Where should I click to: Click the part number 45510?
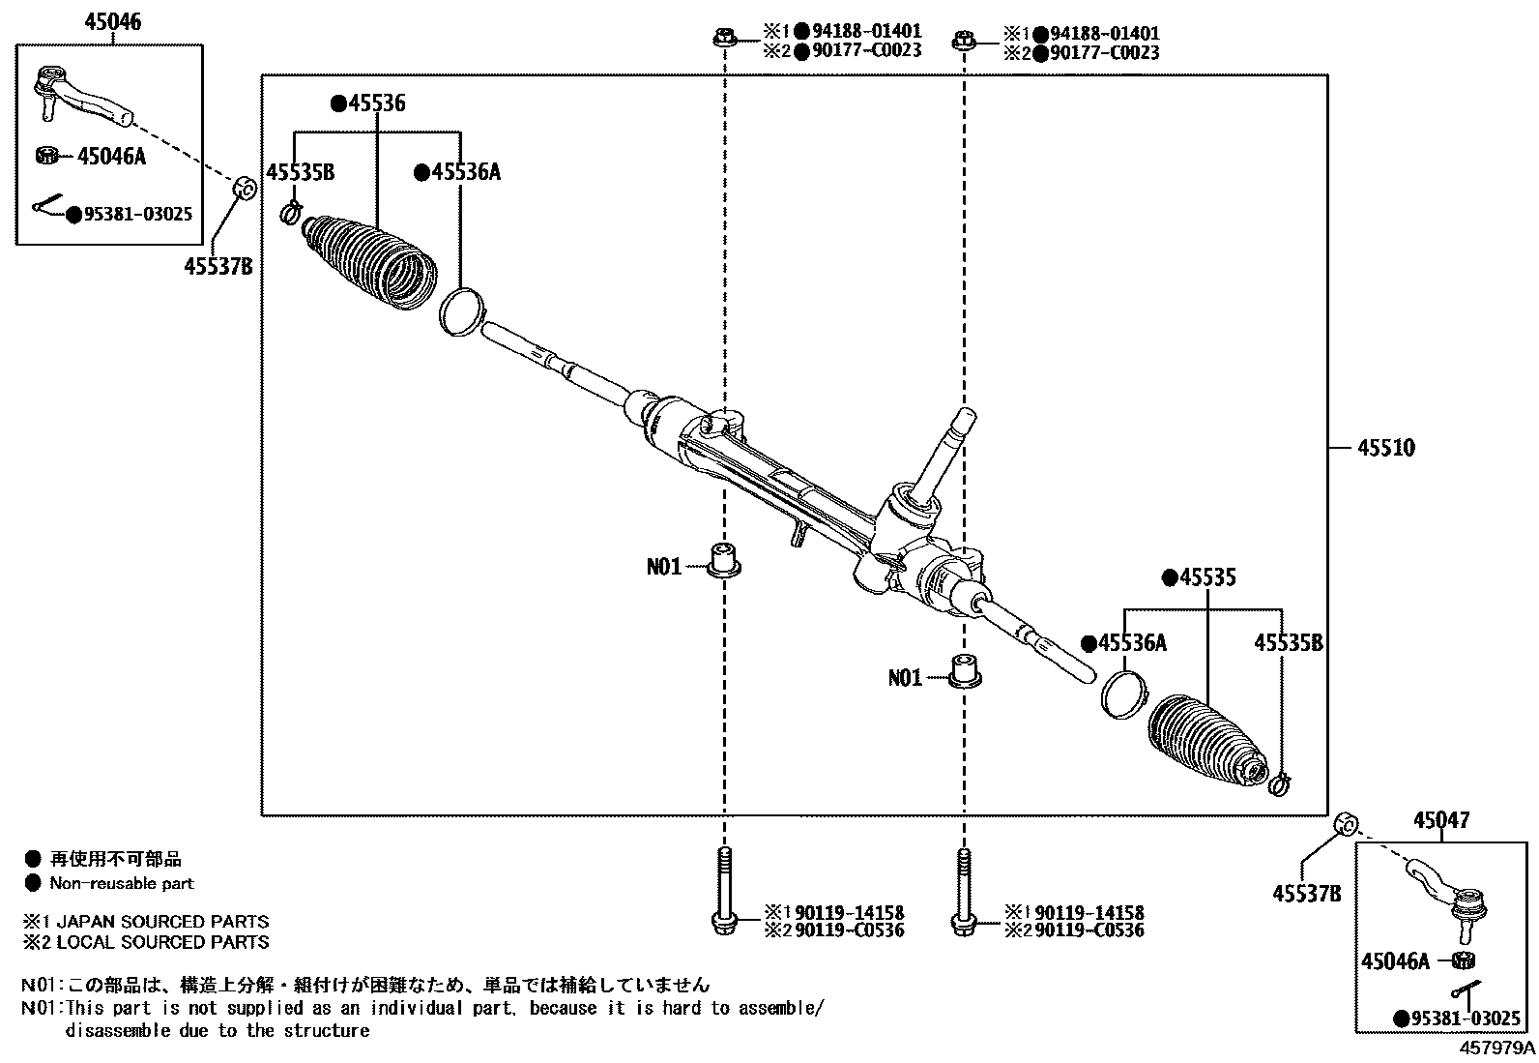1385,448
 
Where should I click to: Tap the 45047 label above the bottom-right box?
1440,820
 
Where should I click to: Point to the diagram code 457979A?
1496,1048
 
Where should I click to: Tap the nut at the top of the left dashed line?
724,40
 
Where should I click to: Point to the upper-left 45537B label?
218,266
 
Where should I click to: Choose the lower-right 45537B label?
1307,893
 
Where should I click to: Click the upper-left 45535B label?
301,173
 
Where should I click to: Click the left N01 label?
664,567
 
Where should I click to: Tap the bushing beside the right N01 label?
963,670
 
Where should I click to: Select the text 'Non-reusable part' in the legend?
122,883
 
